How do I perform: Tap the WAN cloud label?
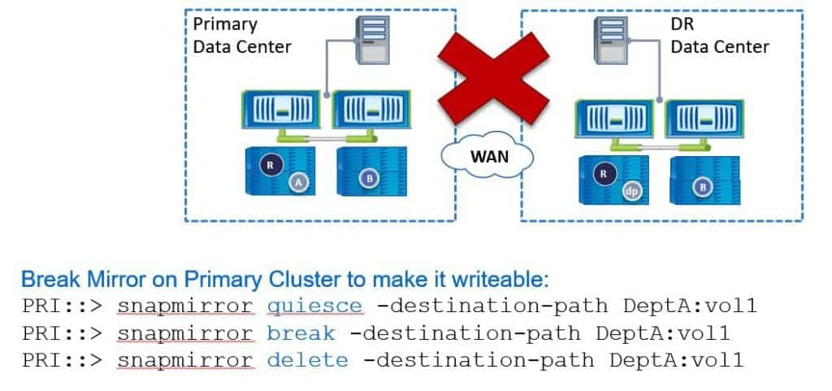pyautogui.click(x=491, y=154)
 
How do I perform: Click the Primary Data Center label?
pyautogui.click(x=241, y=35)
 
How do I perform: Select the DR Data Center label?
pyautogui.click(x=719, y=35)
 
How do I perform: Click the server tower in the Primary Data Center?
pyautogui.click(x=370, y=40)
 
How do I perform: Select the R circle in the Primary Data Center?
pyautogui.click(x=270, y=165)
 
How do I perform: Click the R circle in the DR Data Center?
pyautogui.click(x=602, y=173)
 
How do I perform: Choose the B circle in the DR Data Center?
pyautogui.click(x=704, y=187)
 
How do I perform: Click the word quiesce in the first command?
pyautogui.click(x=315, y=306)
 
